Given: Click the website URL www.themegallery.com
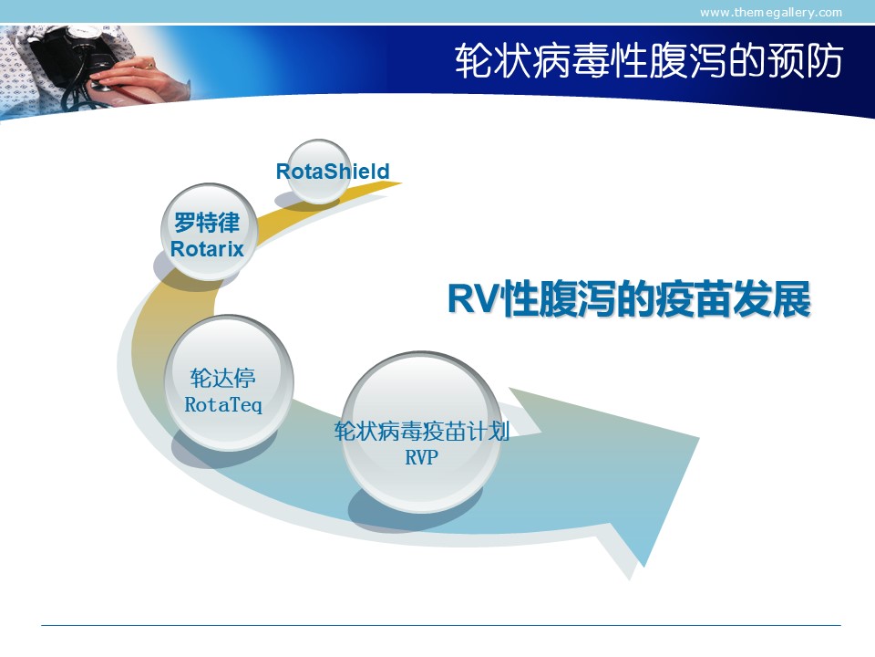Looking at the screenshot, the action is [771, 12].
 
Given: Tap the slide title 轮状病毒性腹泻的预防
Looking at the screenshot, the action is [648, 61].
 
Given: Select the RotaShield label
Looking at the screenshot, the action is [333, 171].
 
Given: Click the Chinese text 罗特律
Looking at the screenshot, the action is [207, 223].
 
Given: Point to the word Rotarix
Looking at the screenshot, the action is [207, 248].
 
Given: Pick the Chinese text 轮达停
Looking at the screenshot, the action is [222, 378].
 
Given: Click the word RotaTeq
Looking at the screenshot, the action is [223, 404].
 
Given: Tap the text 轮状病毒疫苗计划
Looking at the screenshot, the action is [422, 431].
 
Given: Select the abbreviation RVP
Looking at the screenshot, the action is [421, 457].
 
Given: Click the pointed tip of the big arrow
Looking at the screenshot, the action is [699, 438].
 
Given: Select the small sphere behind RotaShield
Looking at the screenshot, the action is [319, 172].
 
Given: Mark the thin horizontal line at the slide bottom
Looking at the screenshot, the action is [441, 625].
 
